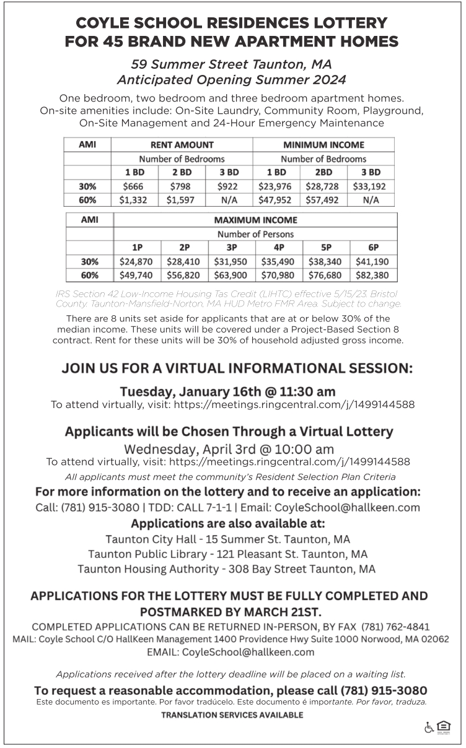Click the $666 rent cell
(x=134, y=186)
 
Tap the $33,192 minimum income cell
(x=371, y=186)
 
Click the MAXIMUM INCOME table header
(x=255, y=220)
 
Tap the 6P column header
(x=374, y=248)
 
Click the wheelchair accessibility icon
(x=429, y=727)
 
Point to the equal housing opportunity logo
(x=443, y=726)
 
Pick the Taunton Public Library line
(x=227, y=553)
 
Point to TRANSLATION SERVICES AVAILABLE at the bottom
(x=232, y=715)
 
